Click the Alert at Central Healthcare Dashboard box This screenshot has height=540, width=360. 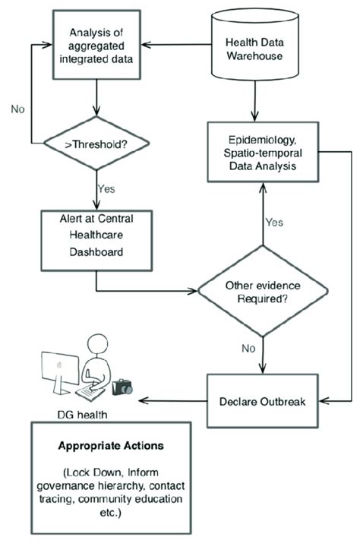(96, 235)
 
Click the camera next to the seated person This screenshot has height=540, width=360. (122, 388)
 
